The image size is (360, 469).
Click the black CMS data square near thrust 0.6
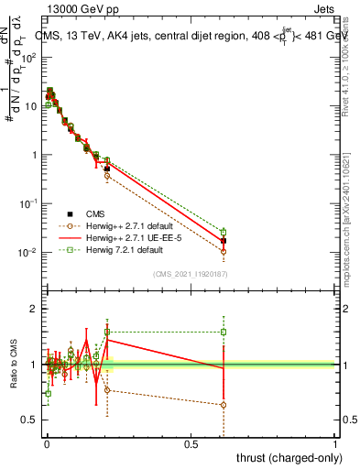point(224,241)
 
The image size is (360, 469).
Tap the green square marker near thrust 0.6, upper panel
point(224,232)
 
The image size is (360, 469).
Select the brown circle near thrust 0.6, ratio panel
point(224,405)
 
